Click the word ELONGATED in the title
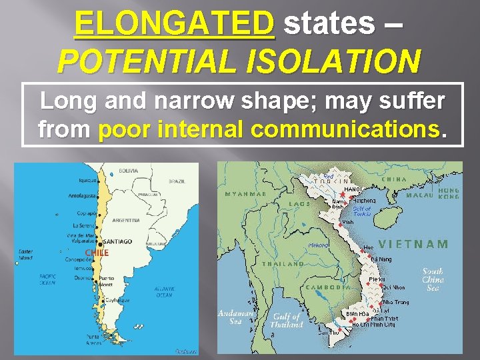[175, 24]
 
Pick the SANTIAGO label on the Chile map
[118, 241]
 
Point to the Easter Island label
[25, 255]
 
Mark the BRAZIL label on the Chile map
[177, 181]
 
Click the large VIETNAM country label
[413, 244]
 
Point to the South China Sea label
[433, 279]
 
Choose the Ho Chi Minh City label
[373, 325]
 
